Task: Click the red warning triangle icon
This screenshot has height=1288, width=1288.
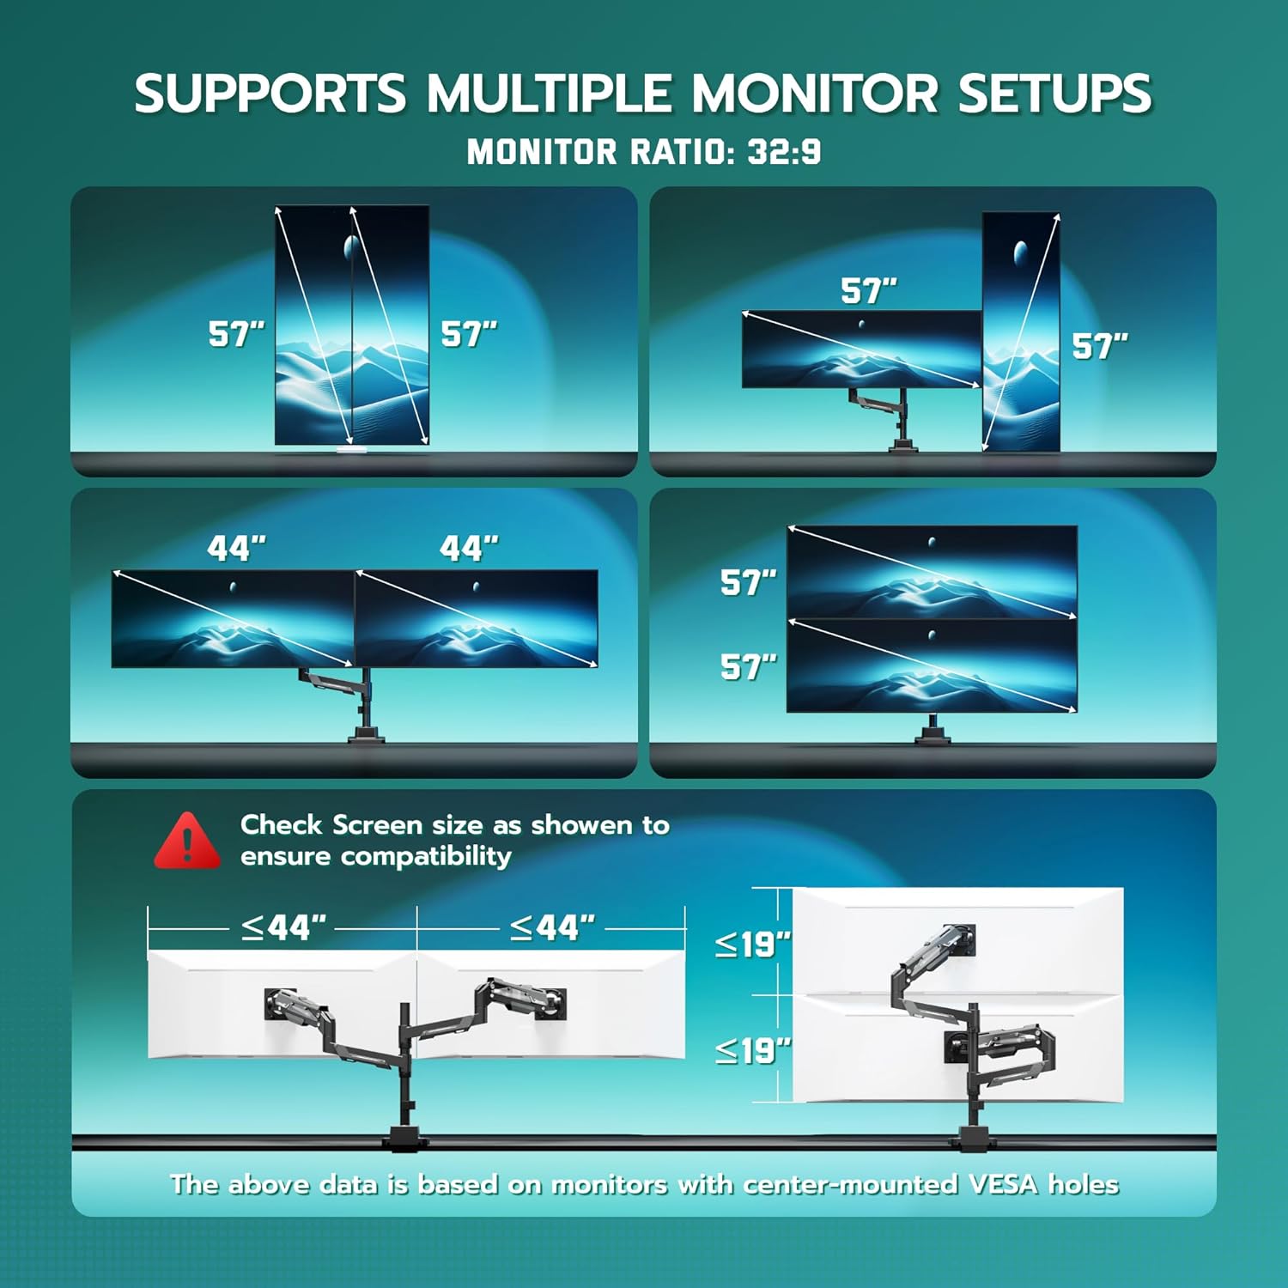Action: coord(187,841)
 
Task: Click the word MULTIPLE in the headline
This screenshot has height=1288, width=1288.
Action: coord(549,94)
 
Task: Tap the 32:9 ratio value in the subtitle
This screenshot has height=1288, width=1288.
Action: coord(784,152)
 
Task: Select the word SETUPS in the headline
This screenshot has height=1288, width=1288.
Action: coord(1054,94)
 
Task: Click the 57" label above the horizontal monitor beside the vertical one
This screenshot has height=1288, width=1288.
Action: coord(868,291)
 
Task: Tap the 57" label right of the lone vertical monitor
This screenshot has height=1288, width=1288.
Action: coord(1099,346)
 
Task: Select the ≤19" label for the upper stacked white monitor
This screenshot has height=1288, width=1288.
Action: coord(752,945)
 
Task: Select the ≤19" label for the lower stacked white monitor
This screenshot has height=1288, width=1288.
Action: coord(752,1050)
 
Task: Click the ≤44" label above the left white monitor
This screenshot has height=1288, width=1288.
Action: coord(283,928)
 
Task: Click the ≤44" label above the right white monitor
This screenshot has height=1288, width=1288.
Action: coord(552,928)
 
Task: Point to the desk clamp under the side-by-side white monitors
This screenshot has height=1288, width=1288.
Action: coord(404,1138)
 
